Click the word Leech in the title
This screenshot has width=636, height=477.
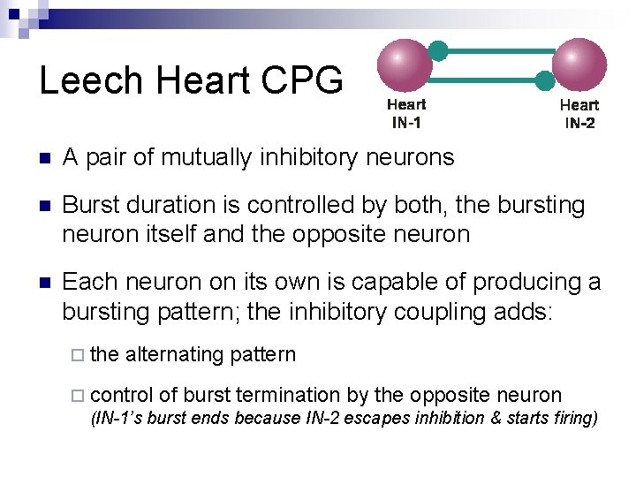[91, 79]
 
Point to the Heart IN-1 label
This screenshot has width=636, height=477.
[406, 114]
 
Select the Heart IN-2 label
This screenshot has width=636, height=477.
[579, 114]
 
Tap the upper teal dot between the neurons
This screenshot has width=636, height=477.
[439, 50]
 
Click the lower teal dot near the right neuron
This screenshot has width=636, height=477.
[545, 81]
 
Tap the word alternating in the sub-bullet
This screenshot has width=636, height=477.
[175, 354]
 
